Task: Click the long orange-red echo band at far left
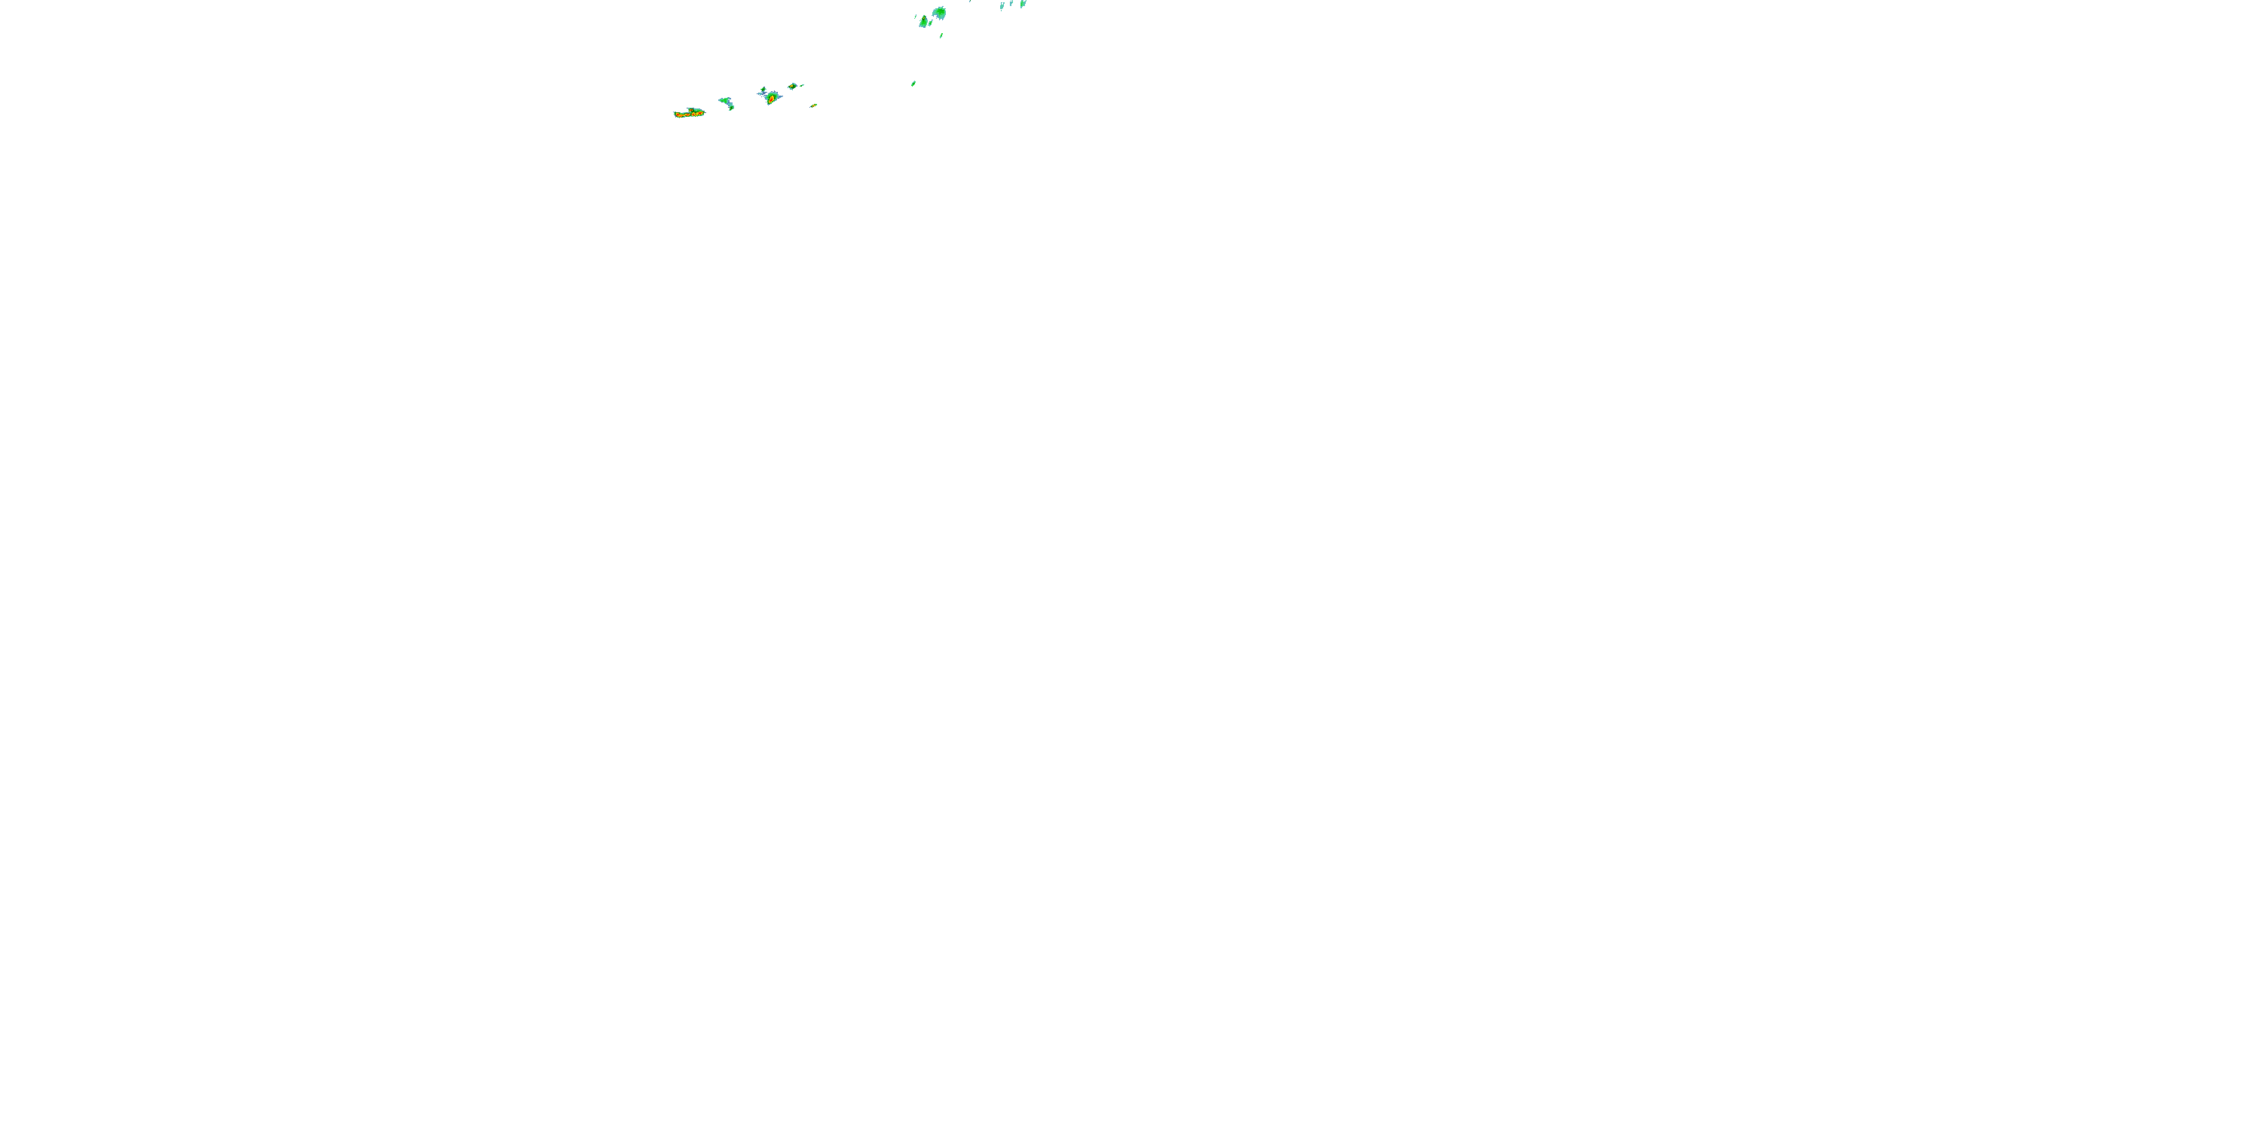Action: click(x=689, y=114)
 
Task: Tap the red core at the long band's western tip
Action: click(x=678, y=115)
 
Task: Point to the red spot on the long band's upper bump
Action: click(x=692, y=110)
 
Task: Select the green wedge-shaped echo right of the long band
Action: click(x=724, y=100)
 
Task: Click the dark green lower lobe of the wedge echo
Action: click(x=732, y=108)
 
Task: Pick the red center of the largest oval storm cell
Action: click(x=772, y=99)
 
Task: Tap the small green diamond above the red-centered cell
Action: click(x=763, y=90)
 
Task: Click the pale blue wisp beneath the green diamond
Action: click(x=762, y=94)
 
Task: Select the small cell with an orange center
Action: click(x=791, y=86)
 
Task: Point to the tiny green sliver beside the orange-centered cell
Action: click(x=802, y=85)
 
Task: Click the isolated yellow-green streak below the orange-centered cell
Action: click(x=815, y=105)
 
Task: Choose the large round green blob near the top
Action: click(x=941, y=12)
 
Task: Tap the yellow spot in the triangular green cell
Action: click(x=924, y=17)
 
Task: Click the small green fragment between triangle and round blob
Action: click(x=930, y=23)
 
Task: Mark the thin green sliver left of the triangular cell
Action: click(x=916, y=17)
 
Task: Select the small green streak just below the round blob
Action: click(x=942, y=35)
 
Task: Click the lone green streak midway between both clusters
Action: click(x=913, y=84)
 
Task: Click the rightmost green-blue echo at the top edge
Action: click(x=1023, y=4)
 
